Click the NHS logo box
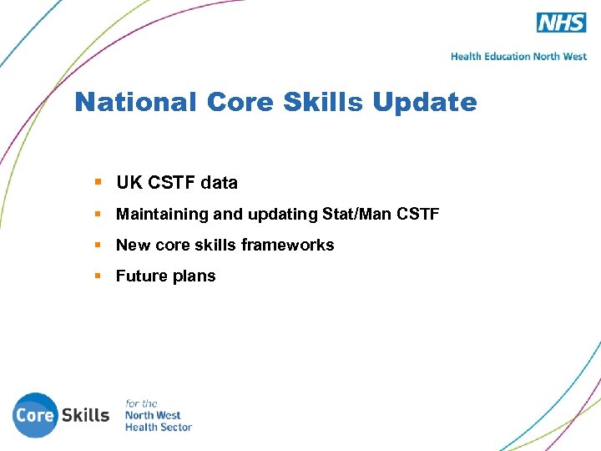(x=561, y=23)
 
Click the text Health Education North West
(x=518, y=57)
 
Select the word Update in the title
(x=425, y=103)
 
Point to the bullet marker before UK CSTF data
(x=98, y=182)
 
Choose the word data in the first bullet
(x=219, y=183)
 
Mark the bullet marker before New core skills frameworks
(x=98, y=245)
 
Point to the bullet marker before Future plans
(x=98, y=276)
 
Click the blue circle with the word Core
(x=36, y=415)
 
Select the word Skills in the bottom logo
(x=86, y=415)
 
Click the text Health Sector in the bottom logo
(x=159, y=427)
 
